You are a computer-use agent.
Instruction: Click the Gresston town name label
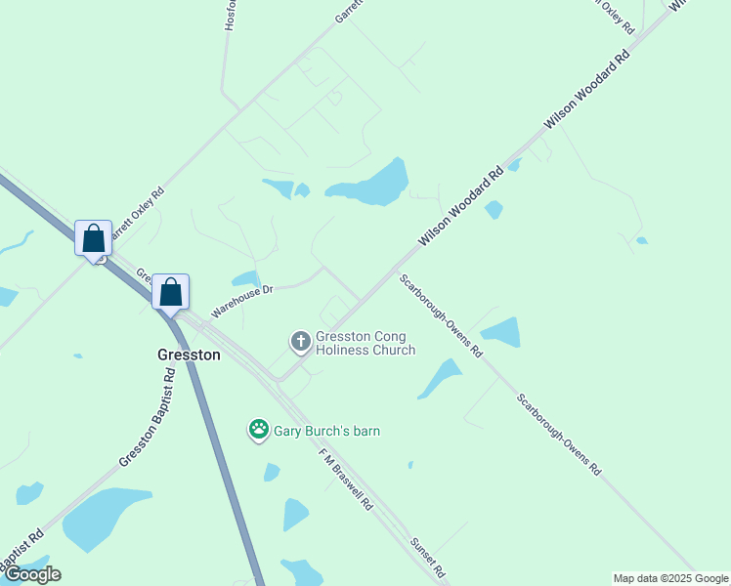point(189,356)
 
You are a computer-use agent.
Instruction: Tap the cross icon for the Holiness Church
point(300,342)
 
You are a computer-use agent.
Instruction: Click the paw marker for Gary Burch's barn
point(258,429)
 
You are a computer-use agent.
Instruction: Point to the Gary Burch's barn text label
point(326,431)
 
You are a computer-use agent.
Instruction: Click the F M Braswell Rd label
point(346,480)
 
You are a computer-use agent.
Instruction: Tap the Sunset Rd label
point(428,557)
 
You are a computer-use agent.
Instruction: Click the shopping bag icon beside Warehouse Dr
point(170,292)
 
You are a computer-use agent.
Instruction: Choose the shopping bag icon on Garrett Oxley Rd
point(93,238)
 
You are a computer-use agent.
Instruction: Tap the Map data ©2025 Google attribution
point(670,578)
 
